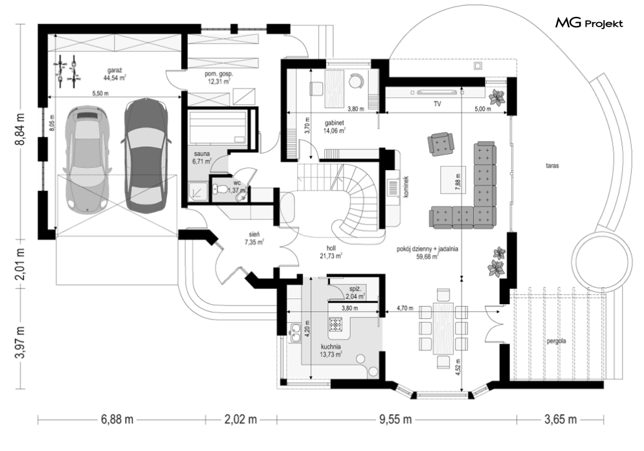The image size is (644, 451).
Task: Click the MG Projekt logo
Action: (x=589, y=23)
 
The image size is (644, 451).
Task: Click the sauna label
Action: (x=202, y=155)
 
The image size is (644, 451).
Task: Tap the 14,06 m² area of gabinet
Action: (x=335, y=131)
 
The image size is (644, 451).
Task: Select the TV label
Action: (x=437, y=104)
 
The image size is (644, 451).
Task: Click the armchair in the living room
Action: (x=440, y=144)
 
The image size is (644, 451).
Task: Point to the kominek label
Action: (x=405, y=187)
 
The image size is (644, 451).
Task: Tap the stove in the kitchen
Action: (x=335, y=325)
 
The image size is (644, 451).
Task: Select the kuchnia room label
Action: (x=331, y=347)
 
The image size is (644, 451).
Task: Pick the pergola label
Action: (x=557, y=341)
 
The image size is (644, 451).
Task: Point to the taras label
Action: (x=552, y=166)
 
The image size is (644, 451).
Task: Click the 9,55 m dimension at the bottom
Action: (x=395, y=419)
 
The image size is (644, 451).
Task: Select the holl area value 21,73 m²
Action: (x=331, y=256)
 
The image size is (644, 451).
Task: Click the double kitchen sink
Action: (x=294, y=333)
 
